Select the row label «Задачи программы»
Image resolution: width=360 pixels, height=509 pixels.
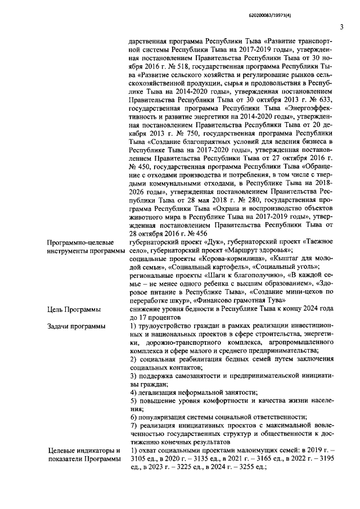(x=72, y=326)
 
